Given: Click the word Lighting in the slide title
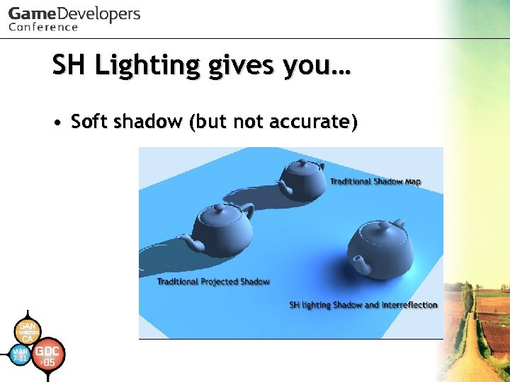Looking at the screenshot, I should (x=147, y=66).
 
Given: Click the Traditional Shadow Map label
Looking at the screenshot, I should (x=375, y=182).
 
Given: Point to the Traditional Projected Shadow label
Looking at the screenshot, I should (x=213, y=282).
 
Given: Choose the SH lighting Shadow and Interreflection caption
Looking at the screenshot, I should (x=363, y=305).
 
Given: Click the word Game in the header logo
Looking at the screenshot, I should (x=31, y=14).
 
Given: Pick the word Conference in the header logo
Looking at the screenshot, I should (x=43, y=28).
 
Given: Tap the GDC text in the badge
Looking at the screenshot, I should (x=47, y=352).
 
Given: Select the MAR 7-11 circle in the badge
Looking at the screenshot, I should (x=21, y=354).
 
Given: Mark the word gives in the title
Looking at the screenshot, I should (x=241, y=66).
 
